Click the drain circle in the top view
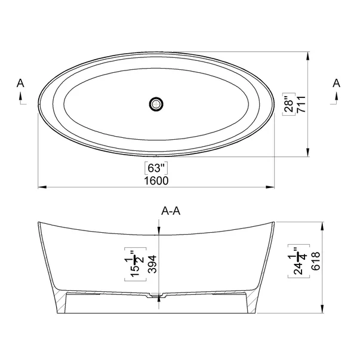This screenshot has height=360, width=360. tap(156, 103)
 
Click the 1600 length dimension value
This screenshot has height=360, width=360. tap(156, 180)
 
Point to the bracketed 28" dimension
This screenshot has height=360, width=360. tap(287, 104)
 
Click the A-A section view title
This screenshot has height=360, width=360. tap(171, 211)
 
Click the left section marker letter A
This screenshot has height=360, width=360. tap(21, 84)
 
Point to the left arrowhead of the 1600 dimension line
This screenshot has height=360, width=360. tap(41, 187)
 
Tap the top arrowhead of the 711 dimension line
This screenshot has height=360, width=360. tap(307, 55)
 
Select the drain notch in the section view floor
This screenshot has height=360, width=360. tap(157, 295)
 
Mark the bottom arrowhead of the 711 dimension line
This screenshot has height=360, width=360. tap(307, 153)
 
